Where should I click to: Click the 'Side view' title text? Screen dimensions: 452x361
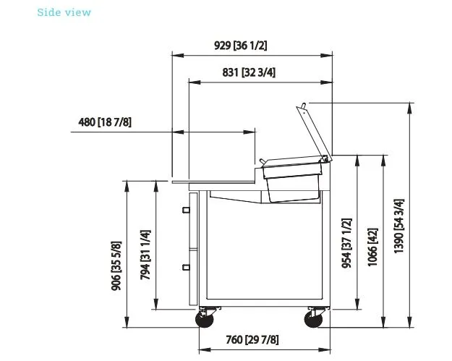(64, 12)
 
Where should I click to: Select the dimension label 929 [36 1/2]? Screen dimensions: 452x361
(240, 46)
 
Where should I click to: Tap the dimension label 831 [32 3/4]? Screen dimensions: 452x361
(249, 72)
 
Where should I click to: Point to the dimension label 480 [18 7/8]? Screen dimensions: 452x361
(105, 122)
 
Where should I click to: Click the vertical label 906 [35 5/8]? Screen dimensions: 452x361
(116, 266)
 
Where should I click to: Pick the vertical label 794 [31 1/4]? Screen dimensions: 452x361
(145, 255)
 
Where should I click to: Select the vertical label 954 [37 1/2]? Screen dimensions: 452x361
(347, 243)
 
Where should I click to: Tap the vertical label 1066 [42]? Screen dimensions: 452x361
(372, 247)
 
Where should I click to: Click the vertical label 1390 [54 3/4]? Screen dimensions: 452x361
(399, 226)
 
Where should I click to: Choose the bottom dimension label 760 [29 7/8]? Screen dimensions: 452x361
(252, 340)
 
